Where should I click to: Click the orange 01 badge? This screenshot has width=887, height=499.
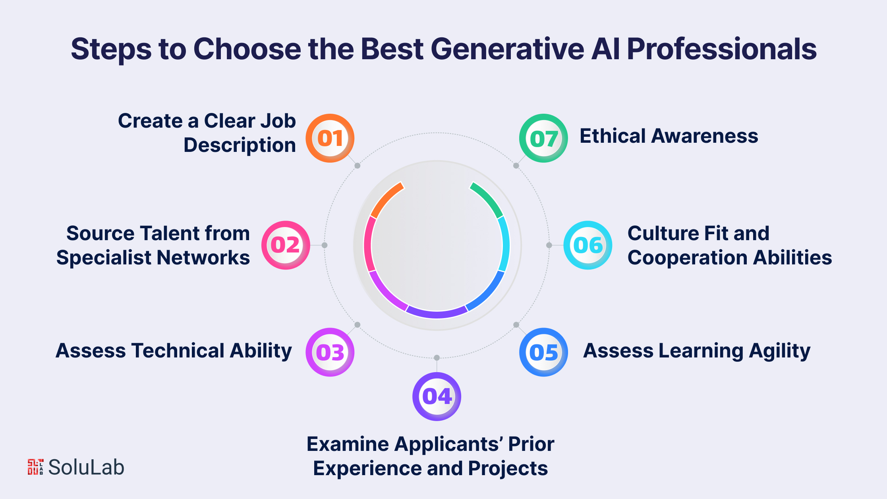point(330,138)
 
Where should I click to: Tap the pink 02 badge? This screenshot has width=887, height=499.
point(286,245)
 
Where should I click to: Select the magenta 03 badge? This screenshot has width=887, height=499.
point(330,352)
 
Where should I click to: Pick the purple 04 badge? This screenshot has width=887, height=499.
point(437,396)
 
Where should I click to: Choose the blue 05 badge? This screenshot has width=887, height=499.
point(543,352)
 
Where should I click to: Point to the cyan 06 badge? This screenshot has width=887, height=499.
point(588,245)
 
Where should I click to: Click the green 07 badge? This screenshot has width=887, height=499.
point(543,138)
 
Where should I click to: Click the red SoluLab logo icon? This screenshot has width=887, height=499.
point(35,467)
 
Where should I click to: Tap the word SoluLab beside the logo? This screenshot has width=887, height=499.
point(86,467)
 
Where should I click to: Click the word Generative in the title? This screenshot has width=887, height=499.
point(507,49)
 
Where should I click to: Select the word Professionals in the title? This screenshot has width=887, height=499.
point(722,49)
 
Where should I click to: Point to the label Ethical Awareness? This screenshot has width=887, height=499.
point(669,136)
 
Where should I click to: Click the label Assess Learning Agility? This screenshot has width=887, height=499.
point(697,351)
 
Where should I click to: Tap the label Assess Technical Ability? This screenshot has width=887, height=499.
point(174,351)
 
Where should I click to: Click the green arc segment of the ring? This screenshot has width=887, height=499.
point(487,199)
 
